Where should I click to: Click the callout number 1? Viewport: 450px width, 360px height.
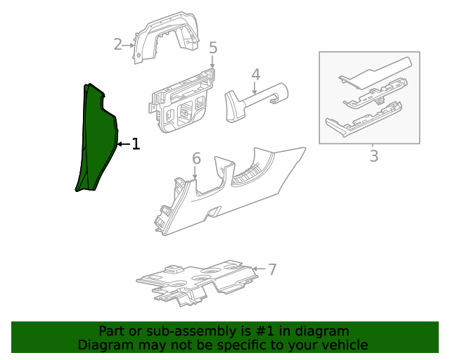pyautogui.click(x=136, y=144)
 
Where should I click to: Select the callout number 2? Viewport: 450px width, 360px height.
pyautogui.click(x=118, y=45)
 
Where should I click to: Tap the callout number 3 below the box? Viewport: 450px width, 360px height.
pyautogui.click(x=373, y=156)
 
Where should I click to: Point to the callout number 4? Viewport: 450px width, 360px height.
pyautogui.click(x=256, y=75)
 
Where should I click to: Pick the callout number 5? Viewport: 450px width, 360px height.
pyautogui.click(x=213, y=48)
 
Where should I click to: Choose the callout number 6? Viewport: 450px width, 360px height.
pyautogui.click(x=196, y=159)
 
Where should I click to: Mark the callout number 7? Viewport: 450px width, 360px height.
pyautogui.click(x=272, y=269)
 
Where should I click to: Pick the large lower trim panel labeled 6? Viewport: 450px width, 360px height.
pyautogui.click(x=225, y=193)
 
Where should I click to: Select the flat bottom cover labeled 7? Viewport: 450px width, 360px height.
pyautogui.click(x=197, y=281)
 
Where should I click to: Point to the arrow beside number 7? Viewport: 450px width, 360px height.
pyautogui.click(x=259, y=269)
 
